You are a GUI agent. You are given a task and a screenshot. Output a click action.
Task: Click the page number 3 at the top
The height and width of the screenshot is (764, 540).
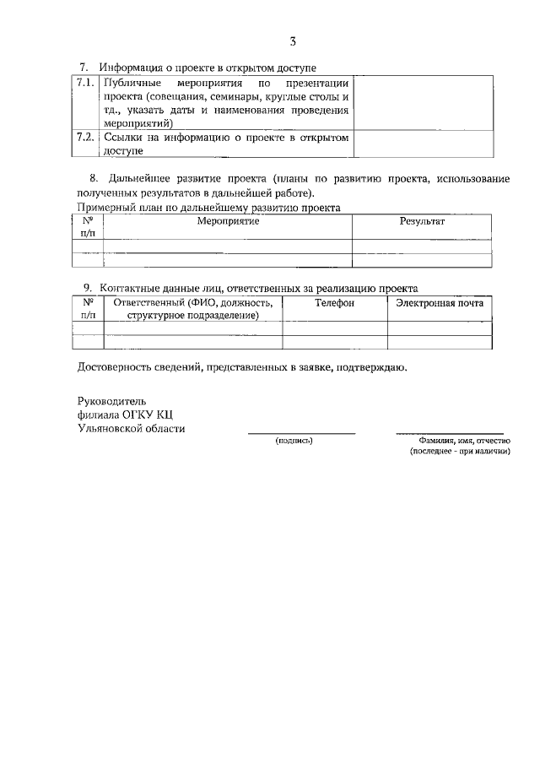pyautogui.click(x=292, y=40)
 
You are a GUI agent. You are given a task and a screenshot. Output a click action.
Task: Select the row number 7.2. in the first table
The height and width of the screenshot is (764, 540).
pyautogui.click(x=86, y=137)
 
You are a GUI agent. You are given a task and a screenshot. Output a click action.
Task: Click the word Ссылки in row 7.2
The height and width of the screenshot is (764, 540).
pyautogui.click(x=123, y=137)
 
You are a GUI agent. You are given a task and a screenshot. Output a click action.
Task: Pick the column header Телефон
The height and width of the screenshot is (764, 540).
pyautogui.click(x=334, y=302)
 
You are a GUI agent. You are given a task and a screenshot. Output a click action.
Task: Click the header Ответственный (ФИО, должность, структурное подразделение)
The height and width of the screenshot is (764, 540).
pyautogui.click(x=192, y=308)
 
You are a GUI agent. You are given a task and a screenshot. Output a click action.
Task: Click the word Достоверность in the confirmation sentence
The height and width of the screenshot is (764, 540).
pyautogui.click(x=115, y=368)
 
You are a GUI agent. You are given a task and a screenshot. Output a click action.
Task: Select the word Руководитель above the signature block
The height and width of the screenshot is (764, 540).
pyautogui.click(x=111, y=400)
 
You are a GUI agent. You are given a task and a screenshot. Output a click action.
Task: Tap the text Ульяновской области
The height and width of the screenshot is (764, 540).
pyautogui.click(x=131, y=428)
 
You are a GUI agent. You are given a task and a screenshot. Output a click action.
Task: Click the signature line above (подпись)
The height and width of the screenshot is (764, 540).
pyautogui.click(x=300, y=434)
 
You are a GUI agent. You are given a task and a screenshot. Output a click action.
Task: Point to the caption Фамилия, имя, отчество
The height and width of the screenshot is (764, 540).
pyautogui.click(x=459, y=441)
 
